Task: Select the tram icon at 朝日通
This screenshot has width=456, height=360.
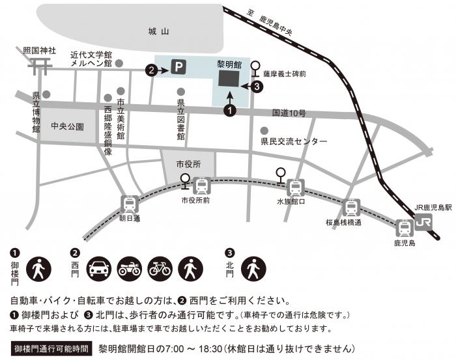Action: (x=129, y=204)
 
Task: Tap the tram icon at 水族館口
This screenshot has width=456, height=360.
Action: (x=296, y=188)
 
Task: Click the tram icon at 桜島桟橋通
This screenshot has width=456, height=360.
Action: (x=352, y=208)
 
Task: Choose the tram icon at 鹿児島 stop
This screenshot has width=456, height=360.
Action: (x=405, y=228)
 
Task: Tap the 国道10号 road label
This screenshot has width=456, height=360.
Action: (x=289, y=113)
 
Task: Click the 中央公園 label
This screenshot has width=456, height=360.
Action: (x=67, y=126)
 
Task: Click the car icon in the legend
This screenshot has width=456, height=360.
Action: (x=98, y=268)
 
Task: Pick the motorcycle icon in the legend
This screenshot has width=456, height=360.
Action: (x=129, y=268)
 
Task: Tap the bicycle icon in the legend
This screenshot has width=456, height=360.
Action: (x=160, y=268)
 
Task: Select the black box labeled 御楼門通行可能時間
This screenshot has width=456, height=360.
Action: (x=51, y=348)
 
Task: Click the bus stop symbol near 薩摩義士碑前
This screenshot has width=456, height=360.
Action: (x=255, y=68)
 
